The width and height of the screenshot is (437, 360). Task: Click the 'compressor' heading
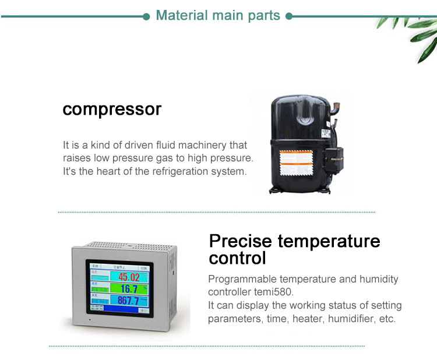point(112,109)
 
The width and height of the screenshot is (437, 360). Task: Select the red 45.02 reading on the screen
point(129,277)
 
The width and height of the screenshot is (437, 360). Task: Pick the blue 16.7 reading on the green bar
point(129,289)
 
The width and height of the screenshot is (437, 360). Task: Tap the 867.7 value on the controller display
point(128,301)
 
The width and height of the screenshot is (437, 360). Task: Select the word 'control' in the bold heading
point(237,258)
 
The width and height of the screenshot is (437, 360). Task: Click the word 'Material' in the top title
point(182,16)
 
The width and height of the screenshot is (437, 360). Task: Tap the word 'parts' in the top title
point(264,16)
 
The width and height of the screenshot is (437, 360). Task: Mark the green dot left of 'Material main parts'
point(147,16)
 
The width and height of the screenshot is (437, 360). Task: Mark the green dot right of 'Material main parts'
point(289,16)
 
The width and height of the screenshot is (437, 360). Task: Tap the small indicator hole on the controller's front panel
point(90,320)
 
